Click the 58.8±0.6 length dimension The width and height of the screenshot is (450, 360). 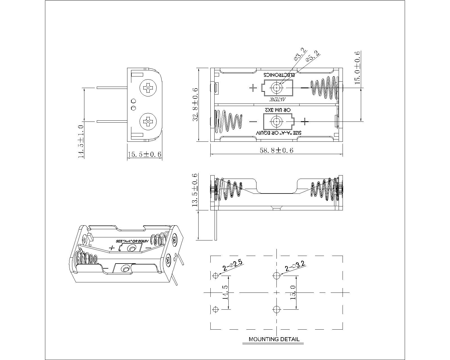[276, 150]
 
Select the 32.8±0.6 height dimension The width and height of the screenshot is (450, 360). [195, 105]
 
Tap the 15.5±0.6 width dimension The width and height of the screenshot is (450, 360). [145, 154]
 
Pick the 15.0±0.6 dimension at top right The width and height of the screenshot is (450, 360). [357, 67]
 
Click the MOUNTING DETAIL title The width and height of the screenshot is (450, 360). [274, 339]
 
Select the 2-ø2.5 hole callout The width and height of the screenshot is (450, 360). [232, 266]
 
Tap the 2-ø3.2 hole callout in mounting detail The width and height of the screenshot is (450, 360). [295, 266]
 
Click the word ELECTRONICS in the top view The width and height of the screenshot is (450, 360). [279, 75]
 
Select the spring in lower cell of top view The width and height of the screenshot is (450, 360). [228, 121]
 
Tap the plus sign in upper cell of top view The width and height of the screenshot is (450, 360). [253, 88]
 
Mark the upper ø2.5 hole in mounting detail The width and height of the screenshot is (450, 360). [216, 275]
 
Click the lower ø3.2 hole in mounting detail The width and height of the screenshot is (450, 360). [277, 309]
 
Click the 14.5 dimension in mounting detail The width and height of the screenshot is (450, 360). [225, 292]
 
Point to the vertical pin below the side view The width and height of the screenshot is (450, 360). [216, 225]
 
